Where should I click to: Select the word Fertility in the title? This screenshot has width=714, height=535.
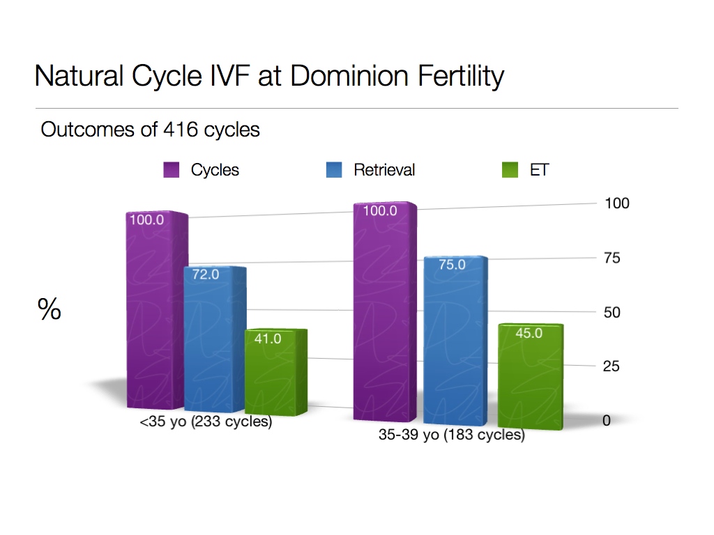pos(457,76)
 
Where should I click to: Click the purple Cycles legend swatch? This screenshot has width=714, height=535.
pos(172,170)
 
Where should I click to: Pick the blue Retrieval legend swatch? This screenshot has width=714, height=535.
pos(334,170)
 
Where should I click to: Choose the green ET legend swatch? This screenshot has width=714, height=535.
pos(510,170)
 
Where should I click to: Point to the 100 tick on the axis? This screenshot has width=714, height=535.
pos(616,203)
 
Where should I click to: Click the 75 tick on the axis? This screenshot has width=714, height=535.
pos(612,258)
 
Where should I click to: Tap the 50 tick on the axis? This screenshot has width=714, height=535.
pos(612,313)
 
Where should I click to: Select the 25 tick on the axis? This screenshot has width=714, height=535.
pos(612,366)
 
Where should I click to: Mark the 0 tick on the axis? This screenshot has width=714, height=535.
pos(607,421)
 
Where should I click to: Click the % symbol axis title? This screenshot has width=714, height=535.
pos(50,310)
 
